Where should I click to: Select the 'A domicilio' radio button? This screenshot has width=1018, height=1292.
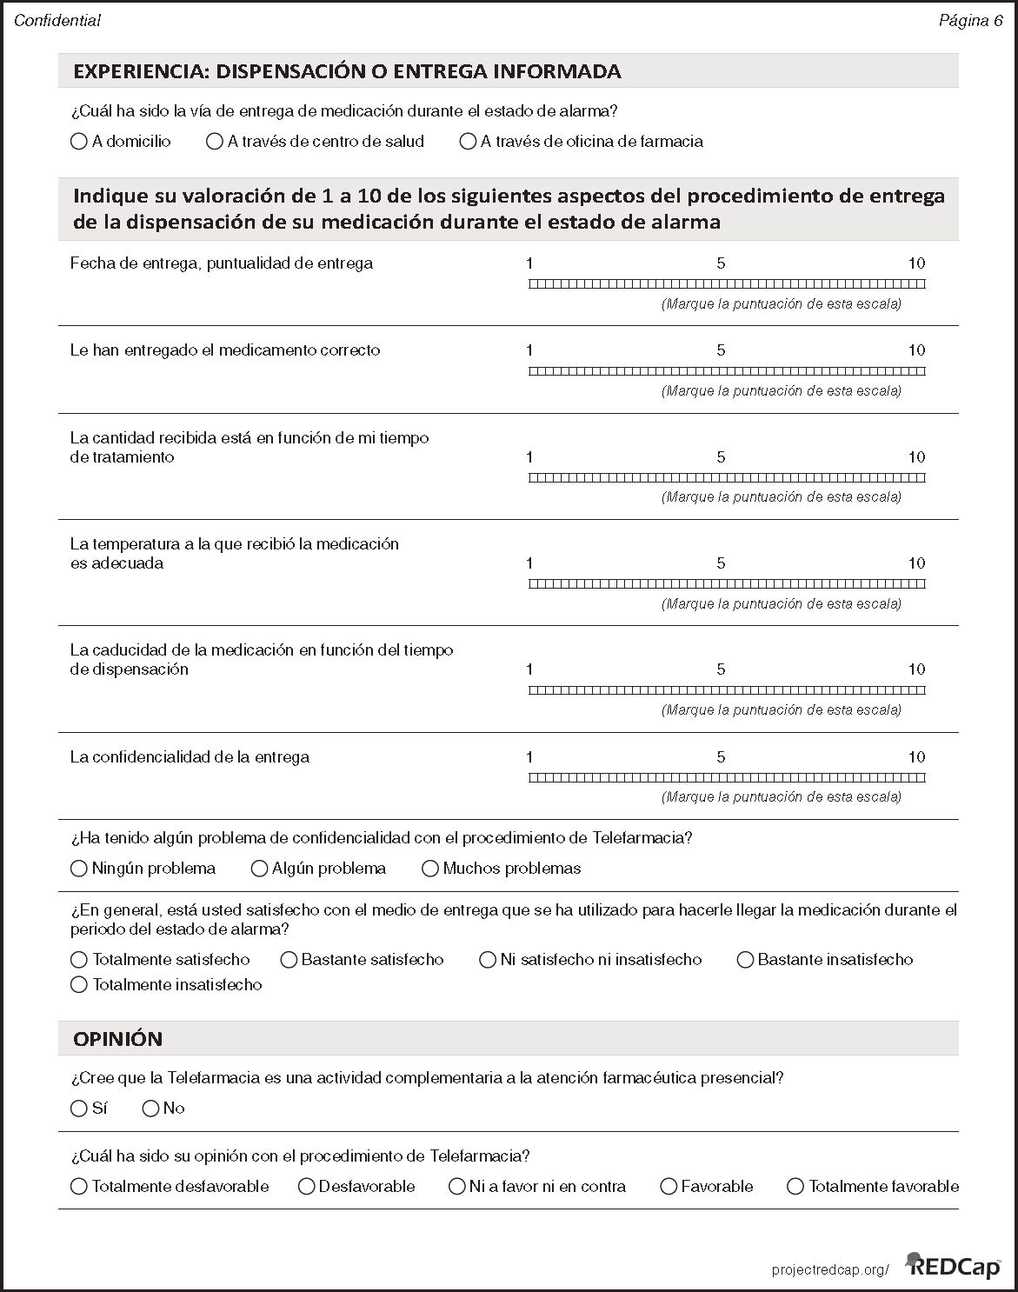click(79, 142)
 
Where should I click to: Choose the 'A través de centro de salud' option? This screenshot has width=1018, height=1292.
click(215, 142)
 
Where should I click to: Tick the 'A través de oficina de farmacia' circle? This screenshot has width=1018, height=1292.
click(468, 142)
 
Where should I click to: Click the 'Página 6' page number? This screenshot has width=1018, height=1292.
click(970, 21)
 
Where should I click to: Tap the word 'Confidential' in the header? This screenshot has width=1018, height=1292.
click(57, 21)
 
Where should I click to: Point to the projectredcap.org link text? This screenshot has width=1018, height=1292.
click(829, 1270)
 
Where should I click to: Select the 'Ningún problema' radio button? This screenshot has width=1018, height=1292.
click(79, 869)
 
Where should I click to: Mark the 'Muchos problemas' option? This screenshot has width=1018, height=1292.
click(430, 869)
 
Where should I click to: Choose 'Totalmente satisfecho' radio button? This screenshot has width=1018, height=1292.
click(79, 960)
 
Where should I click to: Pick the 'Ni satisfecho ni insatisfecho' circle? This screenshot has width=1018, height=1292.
click(488, 960)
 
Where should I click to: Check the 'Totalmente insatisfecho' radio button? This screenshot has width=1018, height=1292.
click(79, 985)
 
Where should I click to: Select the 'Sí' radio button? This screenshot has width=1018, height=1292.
click(79, 1109)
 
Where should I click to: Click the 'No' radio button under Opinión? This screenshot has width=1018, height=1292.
click(150, 1109)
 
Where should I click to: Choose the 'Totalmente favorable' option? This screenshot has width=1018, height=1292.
click(795, 1187)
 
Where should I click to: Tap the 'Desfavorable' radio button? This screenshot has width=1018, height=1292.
click(306, 1187)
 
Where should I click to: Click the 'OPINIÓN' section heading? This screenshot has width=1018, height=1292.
click(117, 1039)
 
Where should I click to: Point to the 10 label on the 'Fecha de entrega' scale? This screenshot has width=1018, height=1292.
click(916, 263)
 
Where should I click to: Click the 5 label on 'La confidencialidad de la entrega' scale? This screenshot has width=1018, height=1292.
click(721, 757)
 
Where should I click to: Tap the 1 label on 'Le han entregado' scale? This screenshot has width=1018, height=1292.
click(529, 350)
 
